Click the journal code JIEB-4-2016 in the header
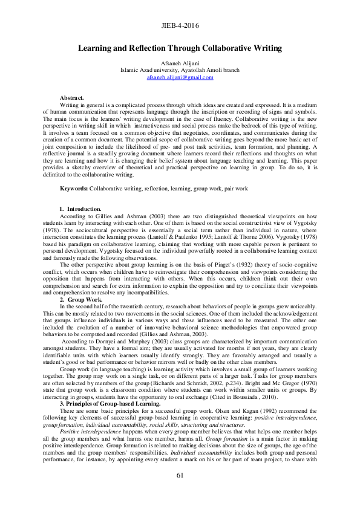[x=180, y=27]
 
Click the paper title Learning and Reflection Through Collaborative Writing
[x=180, y=47]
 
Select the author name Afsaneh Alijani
[x=180, y=63]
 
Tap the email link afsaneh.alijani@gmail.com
[x=180, y=77]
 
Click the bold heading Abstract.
[x=72, y=97]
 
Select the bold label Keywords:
[x=74, y=189]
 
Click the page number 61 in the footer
[x=180, y=492]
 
